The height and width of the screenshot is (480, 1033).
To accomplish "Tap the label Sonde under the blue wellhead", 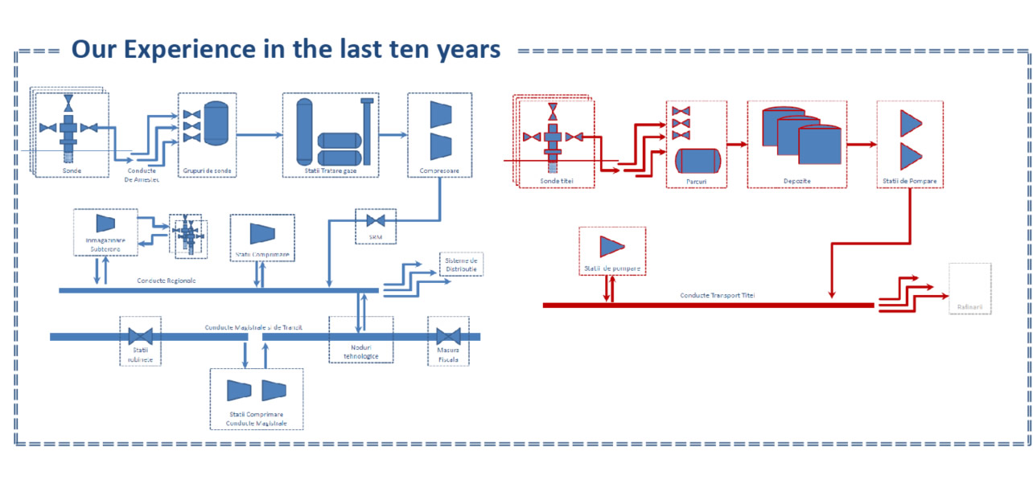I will [71, 170].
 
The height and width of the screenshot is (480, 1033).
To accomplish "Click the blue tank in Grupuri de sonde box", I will [216, 123].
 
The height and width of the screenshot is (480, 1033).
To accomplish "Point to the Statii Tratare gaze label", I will [331, 170].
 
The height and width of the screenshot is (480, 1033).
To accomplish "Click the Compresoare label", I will [439, 170].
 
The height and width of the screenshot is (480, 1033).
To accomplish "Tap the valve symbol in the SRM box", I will [376, 220].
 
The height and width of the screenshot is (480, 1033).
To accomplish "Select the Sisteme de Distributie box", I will [462, 264].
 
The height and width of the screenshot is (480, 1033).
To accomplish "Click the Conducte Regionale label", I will [166, 281].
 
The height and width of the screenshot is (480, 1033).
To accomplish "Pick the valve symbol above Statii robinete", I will [141, 336].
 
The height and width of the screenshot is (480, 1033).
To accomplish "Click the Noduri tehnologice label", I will [361, 351].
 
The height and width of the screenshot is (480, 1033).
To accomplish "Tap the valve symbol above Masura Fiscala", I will [448, 336].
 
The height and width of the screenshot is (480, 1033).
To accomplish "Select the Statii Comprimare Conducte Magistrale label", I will [256, 418].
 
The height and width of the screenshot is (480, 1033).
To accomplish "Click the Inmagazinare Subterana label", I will [105, 244].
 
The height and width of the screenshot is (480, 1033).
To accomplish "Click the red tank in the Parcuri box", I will [697, 160].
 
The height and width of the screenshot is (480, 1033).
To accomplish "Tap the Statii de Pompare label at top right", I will [909, 181].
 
